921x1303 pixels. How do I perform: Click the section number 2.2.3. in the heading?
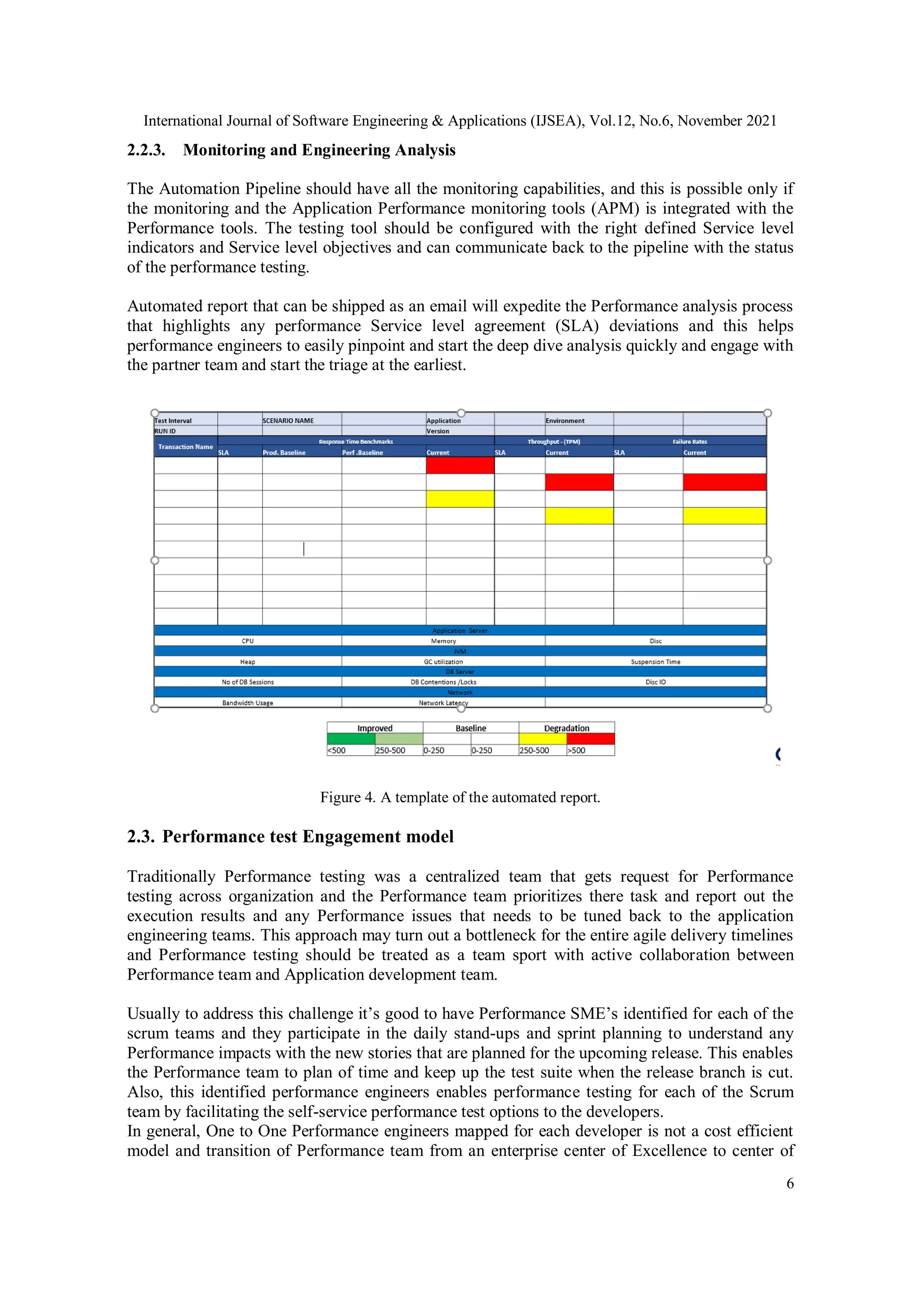[x=146, y=150]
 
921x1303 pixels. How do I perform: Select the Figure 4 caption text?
[x=460, y=797]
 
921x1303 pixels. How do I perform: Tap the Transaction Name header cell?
[x=186, y=447]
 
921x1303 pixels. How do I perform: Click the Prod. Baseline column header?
[x=284, y=452]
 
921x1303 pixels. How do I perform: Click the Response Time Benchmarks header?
[x=356, y=442]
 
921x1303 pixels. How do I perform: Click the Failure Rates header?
[x=689, y=442]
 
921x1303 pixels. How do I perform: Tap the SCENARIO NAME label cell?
[x=288, y=421]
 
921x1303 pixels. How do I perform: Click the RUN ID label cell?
[x=165, y=431]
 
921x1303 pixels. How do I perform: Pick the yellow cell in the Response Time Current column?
[x=460, y=499]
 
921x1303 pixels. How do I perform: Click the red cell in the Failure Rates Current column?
[x=724, y=482]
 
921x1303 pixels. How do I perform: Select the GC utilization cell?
[x=443, y=662]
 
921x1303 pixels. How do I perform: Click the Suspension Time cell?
[x=655, y=662]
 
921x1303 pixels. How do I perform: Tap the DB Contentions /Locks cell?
[x=443, y=682]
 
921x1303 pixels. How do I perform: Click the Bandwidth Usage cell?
[x=247, y=703]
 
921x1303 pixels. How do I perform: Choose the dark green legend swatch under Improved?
[x=351, y=739]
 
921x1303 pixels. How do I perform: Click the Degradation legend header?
[x=566, y=728]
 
